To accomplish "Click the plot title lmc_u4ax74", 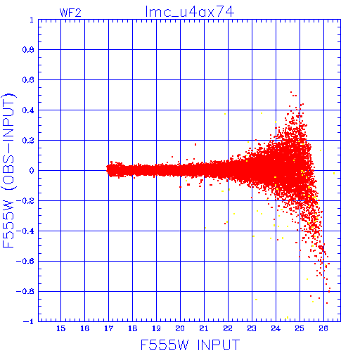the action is coord(190,12).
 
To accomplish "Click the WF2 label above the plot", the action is coord(70,13).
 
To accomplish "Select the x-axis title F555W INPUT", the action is coord(190,345).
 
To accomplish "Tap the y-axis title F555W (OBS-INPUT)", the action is coord(8,170).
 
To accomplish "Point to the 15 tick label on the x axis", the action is coord(60,328).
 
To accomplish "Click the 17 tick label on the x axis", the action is coord(108,328).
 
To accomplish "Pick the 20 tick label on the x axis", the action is coord(180,328).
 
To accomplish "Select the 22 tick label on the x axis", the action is coord(228,328).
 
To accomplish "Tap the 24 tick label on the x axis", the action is coord(276,328).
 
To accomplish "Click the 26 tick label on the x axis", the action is coord(323,328).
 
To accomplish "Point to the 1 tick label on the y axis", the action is coord(32,20).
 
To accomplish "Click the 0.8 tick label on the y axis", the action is coord(28,50).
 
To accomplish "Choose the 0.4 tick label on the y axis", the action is coord(28,110).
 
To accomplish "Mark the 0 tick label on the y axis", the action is coord(32,171).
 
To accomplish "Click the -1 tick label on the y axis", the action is coord(29,321).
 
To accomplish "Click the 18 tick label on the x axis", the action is coord(132,328).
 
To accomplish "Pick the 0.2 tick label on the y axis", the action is coord(28,141).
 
